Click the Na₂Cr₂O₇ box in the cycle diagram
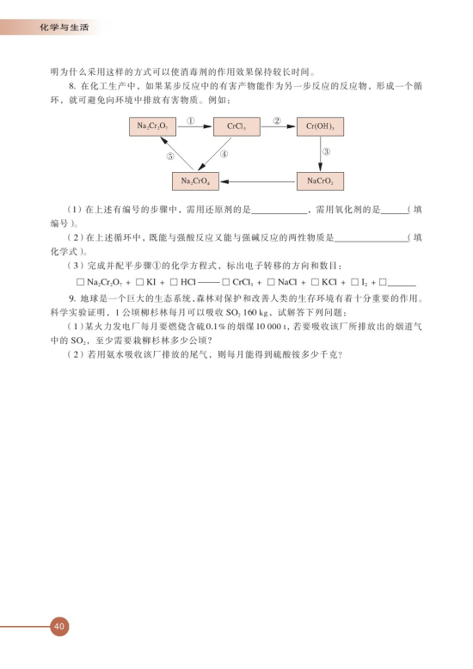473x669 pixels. pos(151,126)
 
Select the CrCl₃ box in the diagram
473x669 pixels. pos(236,126)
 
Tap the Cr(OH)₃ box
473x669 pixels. pos(320,126)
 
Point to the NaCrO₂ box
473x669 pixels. pos(320,181)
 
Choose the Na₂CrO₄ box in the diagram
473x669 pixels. pos(196,181)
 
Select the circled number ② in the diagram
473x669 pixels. pos(277,120)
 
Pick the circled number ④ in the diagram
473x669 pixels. pos(224,155)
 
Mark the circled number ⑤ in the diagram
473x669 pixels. pos(170,157)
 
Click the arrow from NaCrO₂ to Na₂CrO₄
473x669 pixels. pos(258,181)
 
